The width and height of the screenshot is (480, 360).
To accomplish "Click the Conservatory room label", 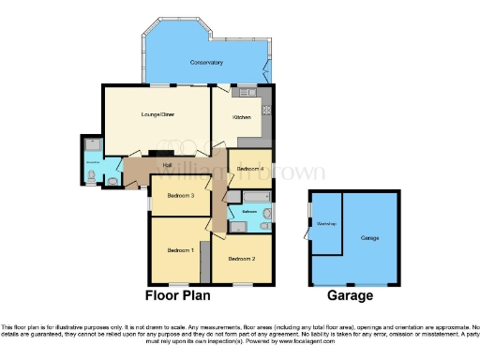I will pyautogui.click(x=206, y=62).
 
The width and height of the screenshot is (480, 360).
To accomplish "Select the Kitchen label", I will pyautogui.click(x=239, y=117).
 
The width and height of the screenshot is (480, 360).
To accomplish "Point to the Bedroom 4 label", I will pyautogui.click(x=250, y=168).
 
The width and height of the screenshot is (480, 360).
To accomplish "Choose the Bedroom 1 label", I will pyautogui.click(x=180, y=250).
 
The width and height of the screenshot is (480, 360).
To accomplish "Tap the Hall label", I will pyautogui.click(x=166, y=166).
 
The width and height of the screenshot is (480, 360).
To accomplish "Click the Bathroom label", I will pyautogui.click(x=248, y=212).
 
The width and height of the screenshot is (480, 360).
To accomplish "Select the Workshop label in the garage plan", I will pyautogui.click(x=325, y=223).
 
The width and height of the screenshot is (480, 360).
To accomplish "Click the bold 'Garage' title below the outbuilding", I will pyautogui.click(x=351, y=295).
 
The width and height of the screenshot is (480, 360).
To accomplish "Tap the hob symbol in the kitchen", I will pyautogui.click(x=265, y=109).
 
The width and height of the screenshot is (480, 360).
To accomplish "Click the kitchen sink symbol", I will pyautogui.click(x=248, y=92).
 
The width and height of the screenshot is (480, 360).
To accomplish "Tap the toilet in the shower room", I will pyautogui.click(x=111, y=178).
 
